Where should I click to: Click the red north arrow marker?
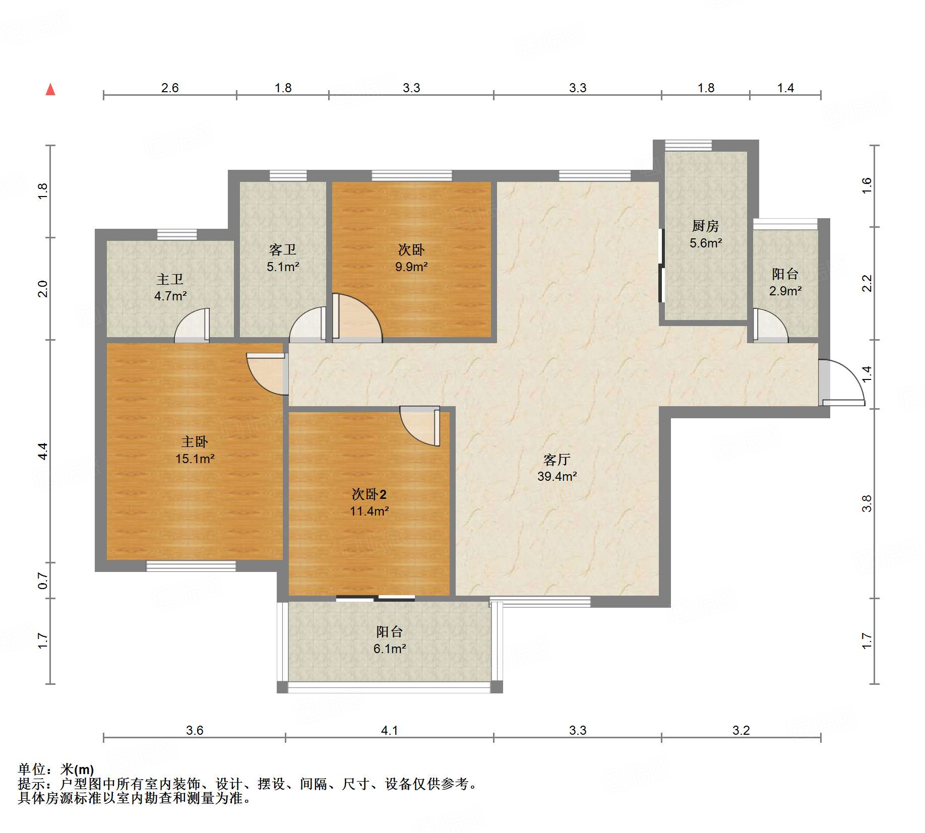[50, 90]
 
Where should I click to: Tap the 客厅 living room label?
[557, 460]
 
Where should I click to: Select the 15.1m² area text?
[195, 459]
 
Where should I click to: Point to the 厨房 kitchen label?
[705, 226]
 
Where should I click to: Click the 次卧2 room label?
[369, 494]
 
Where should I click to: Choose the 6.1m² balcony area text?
[390, 649]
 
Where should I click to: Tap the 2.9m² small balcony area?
[785, 291]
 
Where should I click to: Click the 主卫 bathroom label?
[170, 279]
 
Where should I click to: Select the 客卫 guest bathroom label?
[283, 250]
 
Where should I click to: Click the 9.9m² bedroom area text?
[411, 267]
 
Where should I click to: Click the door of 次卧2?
[420, 426]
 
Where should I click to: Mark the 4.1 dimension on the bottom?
[389, 731]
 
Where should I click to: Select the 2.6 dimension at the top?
[170, 88]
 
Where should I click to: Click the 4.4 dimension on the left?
[43, 451]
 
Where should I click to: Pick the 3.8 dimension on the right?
[867, 503]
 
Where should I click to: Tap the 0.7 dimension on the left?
[43, 581]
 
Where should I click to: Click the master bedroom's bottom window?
[191, 566]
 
